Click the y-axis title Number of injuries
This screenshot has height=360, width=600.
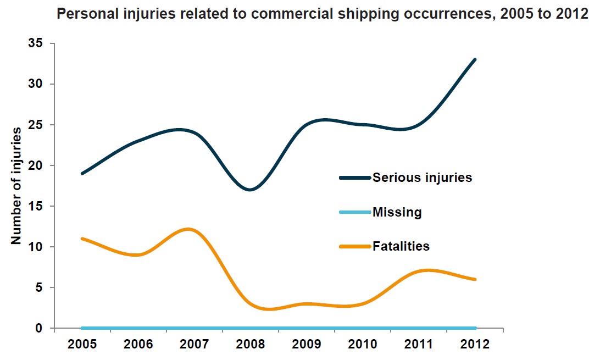[x=16, y=186]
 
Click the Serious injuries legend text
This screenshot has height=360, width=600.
[x=422, y=178]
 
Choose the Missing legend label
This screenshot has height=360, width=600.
[x=397, y=212]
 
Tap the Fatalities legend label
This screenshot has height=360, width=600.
[x=401, y=246]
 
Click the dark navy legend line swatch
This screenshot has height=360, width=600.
[x=355, y=178]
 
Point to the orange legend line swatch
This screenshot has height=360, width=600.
[x=355, y=246]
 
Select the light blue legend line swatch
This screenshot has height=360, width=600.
[x=355, y=212]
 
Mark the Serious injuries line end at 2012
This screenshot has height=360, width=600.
[x=475, y=59]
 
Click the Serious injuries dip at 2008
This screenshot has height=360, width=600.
[x=251, y=190]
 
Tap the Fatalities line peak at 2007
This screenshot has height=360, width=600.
[x=188, y=229]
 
